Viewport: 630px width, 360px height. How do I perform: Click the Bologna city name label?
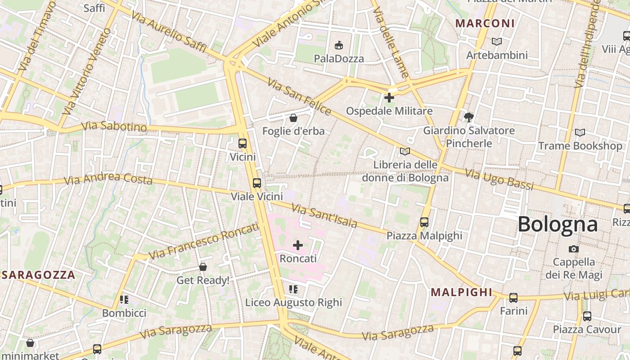click(x=558, y=224)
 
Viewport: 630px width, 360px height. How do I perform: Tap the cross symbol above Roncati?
click(x=298, y=245)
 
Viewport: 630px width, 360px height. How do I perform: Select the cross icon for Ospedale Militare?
click(x=389, y=97)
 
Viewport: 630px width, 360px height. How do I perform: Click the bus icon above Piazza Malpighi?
click(x=424, y=222)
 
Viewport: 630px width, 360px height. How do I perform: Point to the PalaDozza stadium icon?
click(x=339, y=45)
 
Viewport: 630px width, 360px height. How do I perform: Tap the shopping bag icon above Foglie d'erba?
click(x=293, y=118)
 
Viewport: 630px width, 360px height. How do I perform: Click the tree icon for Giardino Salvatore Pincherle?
click(x=468, y=117)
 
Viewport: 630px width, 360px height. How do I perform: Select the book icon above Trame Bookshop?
click(x=580, y=132)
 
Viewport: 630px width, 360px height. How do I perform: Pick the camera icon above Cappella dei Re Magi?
click(x=573, y=249)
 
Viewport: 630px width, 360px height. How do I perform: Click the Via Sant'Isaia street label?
click(x=324, y=216)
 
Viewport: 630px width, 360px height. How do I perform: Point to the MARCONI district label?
click(x=485, y=23)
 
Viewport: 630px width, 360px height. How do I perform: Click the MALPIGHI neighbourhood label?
click(x=462, y=292)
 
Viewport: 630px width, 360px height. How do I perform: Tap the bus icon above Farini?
click(x=513, y=297)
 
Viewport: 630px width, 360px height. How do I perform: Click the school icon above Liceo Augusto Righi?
click(x=293, y=289)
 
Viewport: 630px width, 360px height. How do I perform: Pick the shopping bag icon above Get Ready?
click(x=203, y=267)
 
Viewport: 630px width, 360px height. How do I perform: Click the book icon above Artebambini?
click(x=497, y=41)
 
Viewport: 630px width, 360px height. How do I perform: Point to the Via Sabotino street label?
click(x=114, y=126)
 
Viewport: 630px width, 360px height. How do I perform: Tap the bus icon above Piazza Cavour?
click(x=587, y=316)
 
